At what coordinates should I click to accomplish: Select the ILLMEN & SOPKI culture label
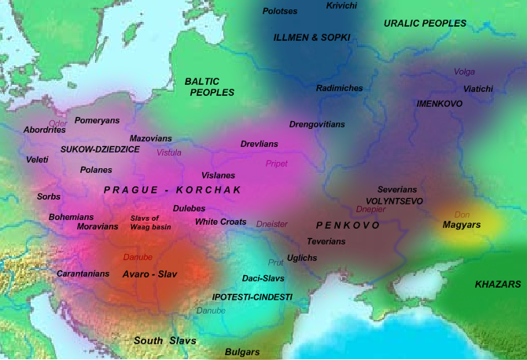coord(311,37)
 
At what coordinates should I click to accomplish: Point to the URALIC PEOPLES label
coord(425,24)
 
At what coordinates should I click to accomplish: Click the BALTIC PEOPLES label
coord(209,86)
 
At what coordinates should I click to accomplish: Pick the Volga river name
coord(465,72)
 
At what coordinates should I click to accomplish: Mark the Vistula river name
coord(168,152)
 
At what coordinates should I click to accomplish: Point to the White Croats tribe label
coord(221,222)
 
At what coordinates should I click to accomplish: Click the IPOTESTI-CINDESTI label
coord(252,297)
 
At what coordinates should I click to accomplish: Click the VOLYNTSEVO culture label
coord(395,201)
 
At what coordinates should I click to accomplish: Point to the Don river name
coord(462,214)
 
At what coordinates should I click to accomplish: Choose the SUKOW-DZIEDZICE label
coord(100,149)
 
